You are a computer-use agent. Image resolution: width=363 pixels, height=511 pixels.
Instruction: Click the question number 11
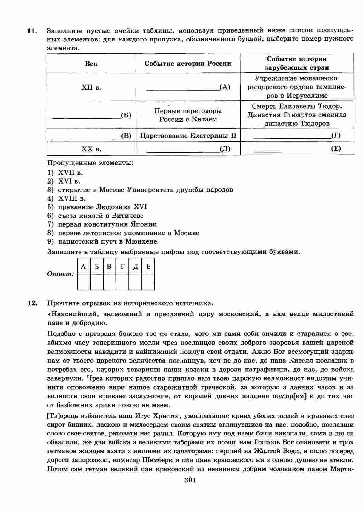coord(32,31)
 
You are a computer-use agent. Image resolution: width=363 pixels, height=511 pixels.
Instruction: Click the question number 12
coord(32,303)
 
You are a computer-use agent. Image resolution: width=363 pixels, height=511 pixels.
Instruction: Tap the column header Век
coord(91,64)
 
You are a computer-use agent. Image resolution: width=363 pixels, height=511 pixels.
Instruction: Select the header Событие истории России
coord(188,64)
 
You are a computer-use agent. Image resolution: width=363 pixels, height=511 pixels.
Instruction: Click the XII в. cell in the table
coord(91,87)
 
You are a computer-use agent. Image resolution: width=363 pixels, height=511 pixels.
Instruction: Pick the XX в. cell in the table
coord(91,149)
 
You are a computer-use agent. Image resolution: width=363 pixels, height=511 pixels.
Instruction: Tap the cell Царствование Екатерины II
coord(188,136)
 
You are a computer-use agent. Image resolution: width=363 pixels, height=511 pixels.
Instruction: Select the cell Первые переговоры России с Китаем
coord(188,115)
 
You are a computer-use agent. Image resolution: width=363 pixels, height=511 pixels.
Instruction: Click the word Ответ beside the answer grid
coord(60,274)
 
